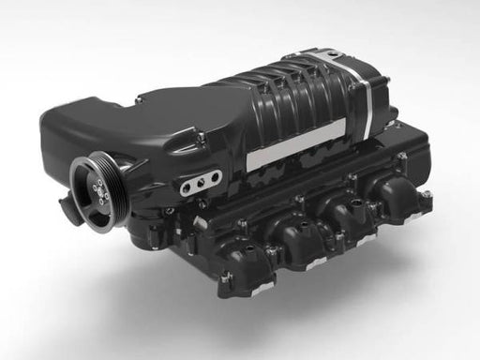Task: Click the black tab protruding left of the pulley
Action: coord(64,201)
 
